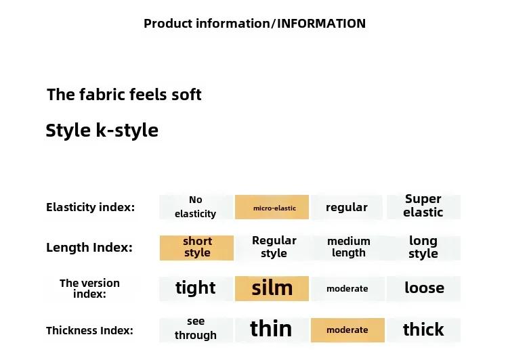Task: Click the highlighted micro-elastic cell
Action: pos(272,207)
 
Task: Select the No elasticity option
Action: pos(196,207)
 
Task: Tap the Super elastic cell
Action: pos(423,207)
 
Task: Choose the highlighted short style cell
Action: pos(196,248)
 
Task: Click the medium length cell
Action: pos(348,248)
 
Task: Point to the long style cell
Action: pos(423,248)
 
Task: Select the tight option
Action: pos(196,288)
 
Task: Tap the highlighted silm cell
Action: pos(272,288)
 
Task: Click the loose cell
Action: pos(423,288)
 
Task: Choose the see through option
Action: pos(196,330)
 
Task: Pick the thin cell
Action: pos(272,330)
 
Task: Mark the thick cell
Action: pos(423,330)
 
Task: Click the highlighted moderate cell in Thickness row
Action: pos(347,330)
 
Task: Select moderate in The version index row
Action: pos(347,288)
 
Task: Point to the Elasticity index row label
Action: pos(90,207)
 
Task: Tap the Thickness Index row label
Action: pos(89,330)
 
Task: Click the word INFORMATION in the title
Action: pos(321,24)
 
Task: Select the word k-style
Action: pos(127,131)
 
